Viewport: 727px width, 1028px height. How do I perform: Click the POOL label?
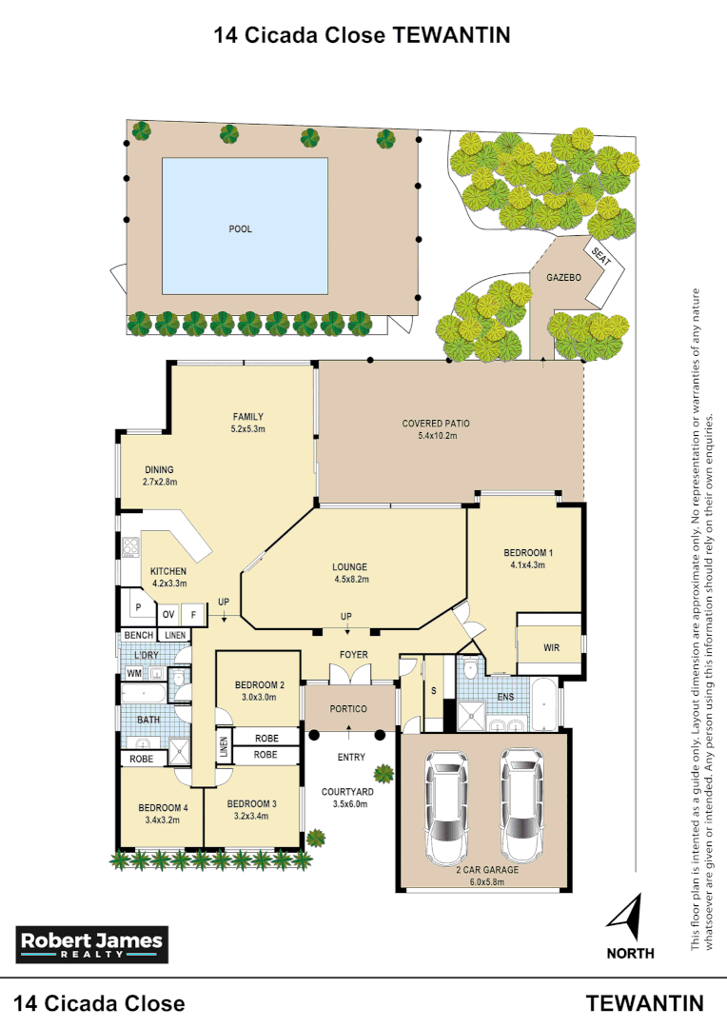tap(241, 229)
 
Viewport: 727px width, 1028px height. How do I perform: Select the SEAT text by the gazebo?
tap(600, 256)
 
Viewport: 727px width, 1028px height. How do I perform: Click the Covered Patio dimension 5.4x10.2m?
tap(436, 436)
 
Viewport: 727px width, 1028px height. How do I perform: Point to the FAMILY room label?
tap(247, 417)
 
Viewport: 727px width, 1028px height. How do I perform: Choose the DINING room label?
tap(160, 469)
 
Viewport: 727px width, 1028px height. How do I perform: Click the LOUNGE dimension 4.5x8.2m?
tap(350, 579)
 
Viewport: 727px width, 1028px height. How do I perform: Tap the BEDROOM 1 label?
tap(528, 553)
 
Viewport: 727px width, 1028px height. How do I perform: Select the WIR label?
tap(551, 648)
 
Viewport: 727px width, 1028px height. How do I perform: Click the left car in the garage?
tap(446, 805)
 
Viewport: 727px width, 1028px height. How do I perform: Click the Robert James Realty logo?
tap(92, 943)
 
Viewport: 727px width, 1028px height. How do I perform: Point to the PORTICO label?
tap(348, 709)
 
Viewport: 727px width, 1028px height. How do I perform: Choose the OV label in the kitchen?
tap(167, 615)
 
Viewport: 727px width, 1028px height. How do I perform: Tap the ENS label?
tap(505, 697)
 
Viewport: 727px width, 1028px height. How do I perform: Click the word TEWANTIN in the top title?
tap(452, 35)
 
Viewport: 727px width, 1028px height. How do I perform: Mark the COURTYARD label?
tap(346, 791)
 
